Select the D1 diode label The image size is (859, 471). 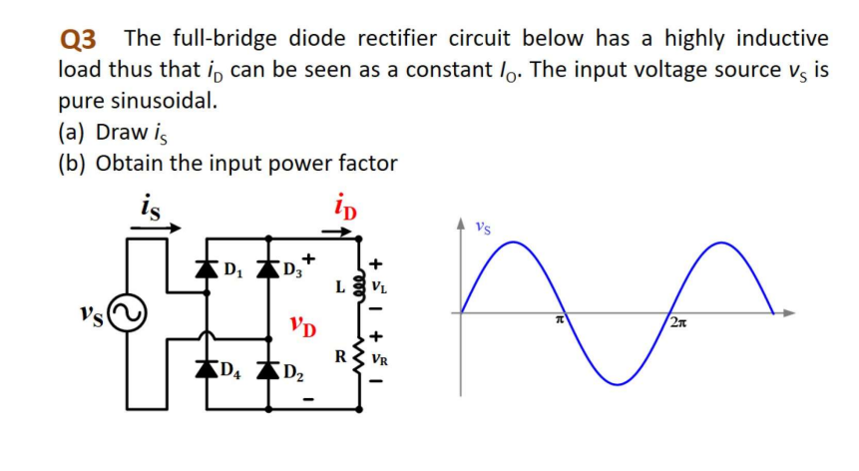click(x=231, y=268)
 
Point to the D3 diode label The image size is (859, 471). click(x=290, y=268)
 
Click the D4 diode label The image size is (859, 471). click(x=231, y=373)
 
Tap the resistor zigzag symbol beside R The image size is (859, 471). click(x=360, y=354)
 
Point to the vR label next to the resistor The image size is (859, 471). click(x=379, y=355)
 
